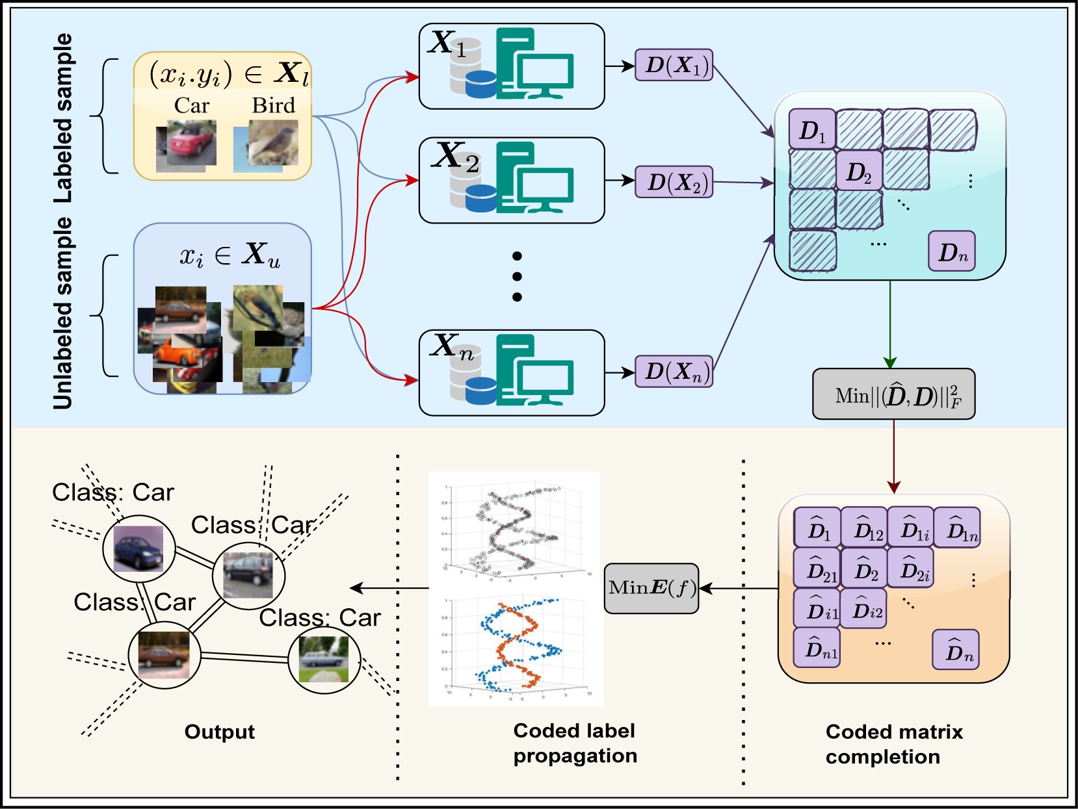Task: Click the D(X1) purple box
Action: pyautogui.click(x=674, y=65)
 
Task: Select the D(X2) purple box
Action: pyautogui.click(x=674, y=182)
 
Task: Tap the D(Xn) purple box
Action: pyautogui.click(x=674, y=372)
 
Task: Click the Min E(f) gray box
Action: pyautogui.click(x=651, y=588)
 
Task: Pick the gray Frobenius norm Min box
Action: pyautogui.click(x=893, y=394)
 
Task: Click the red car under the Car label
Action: pyautogui.click(x=187, y=144)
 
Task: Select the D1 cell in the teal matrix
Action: pyautogui.click(x=811, y=130)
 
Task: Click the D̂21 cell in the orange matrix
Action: pyautogui.click(x=817, y=569)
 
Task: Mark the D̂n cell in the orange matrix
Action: pyautogui.click(x=956, y=650)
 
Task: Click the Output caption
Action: pyautogui.click(x=219, y=732)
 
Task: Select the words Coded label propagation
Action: pyautogui.click(x=575, y=743)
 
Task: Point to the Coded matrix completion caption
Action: pyautogui.click(x=893, y=744)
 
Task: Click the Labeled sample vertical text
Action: pyautogui.click(x=62, y=117)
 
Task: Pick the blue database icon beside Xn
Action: pyautogui.click(x=481, y=390)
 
